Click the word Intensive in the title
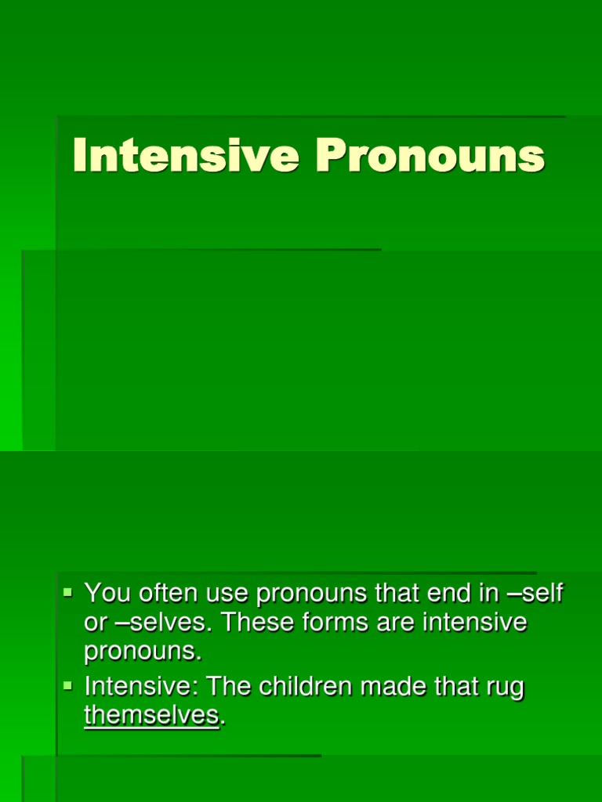coord(186,156)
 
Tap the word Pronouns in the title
coord(430,156)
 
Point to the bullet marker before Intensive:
coord(67,685)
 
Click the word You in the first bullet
coord(108,594)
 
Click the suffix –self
coord(535,594)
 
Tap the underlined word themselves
coord(151,715)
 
